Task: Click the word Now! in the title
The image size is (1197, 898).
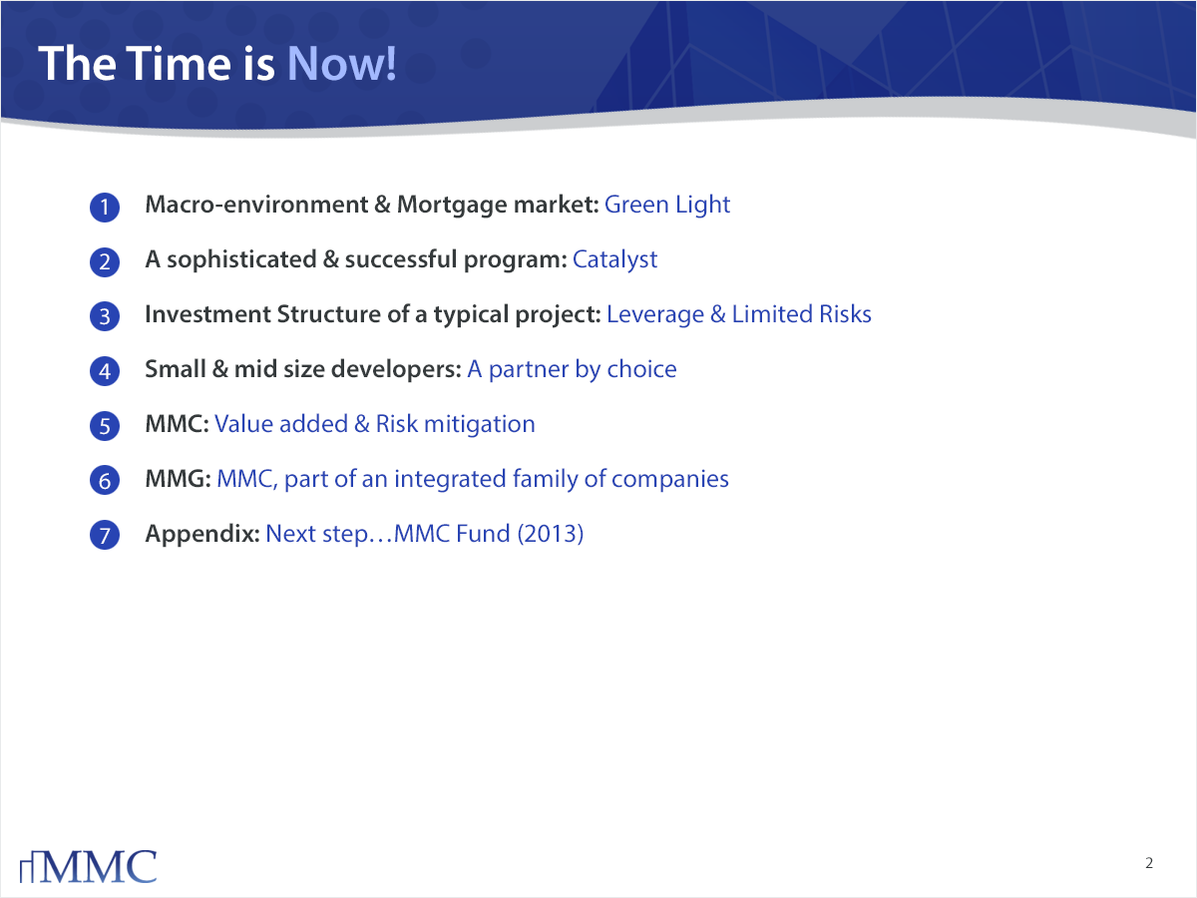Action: [x=341, y=64]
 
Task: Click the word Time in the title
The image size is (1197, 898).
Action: [x=179, y=64]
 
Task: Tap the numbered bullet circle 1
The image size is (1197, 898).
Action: [x=105, y=208]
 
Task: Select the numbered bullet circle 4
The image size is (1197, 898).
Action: [x=105, y=371]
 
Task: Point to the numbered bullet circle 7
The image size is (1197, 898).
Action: [x=105, y=535]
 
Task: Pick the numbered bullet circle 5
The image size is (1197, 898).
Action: [x=105, y=426]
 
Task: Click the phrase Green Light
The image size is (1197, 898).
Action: [x=667, y=206]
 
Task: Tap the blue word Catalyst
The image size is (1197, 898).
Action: [x=614, y=260]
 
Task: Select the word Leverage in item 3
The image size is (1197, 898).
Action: [x=655, y=315]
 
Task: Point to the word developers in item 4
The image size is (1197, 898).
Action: [x=396, y=369]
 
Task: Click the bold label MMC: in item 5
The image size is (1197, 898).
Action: [x=177, y=424]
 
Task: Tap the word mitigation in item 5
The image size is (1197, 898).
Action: [x=480, y=425]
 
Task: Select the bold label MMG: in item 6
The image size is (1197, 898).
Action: [x=178, y=479]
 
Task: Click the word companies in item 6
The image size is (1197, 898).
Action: [x=669, y=480]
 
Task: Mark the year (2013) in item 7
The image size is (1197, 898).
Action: [x=551, y=534]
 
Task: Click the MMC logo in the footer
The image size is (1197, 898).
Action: [x=89, y=866]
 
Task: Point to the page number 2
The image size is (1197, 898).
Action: [x=1149, y=863]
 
